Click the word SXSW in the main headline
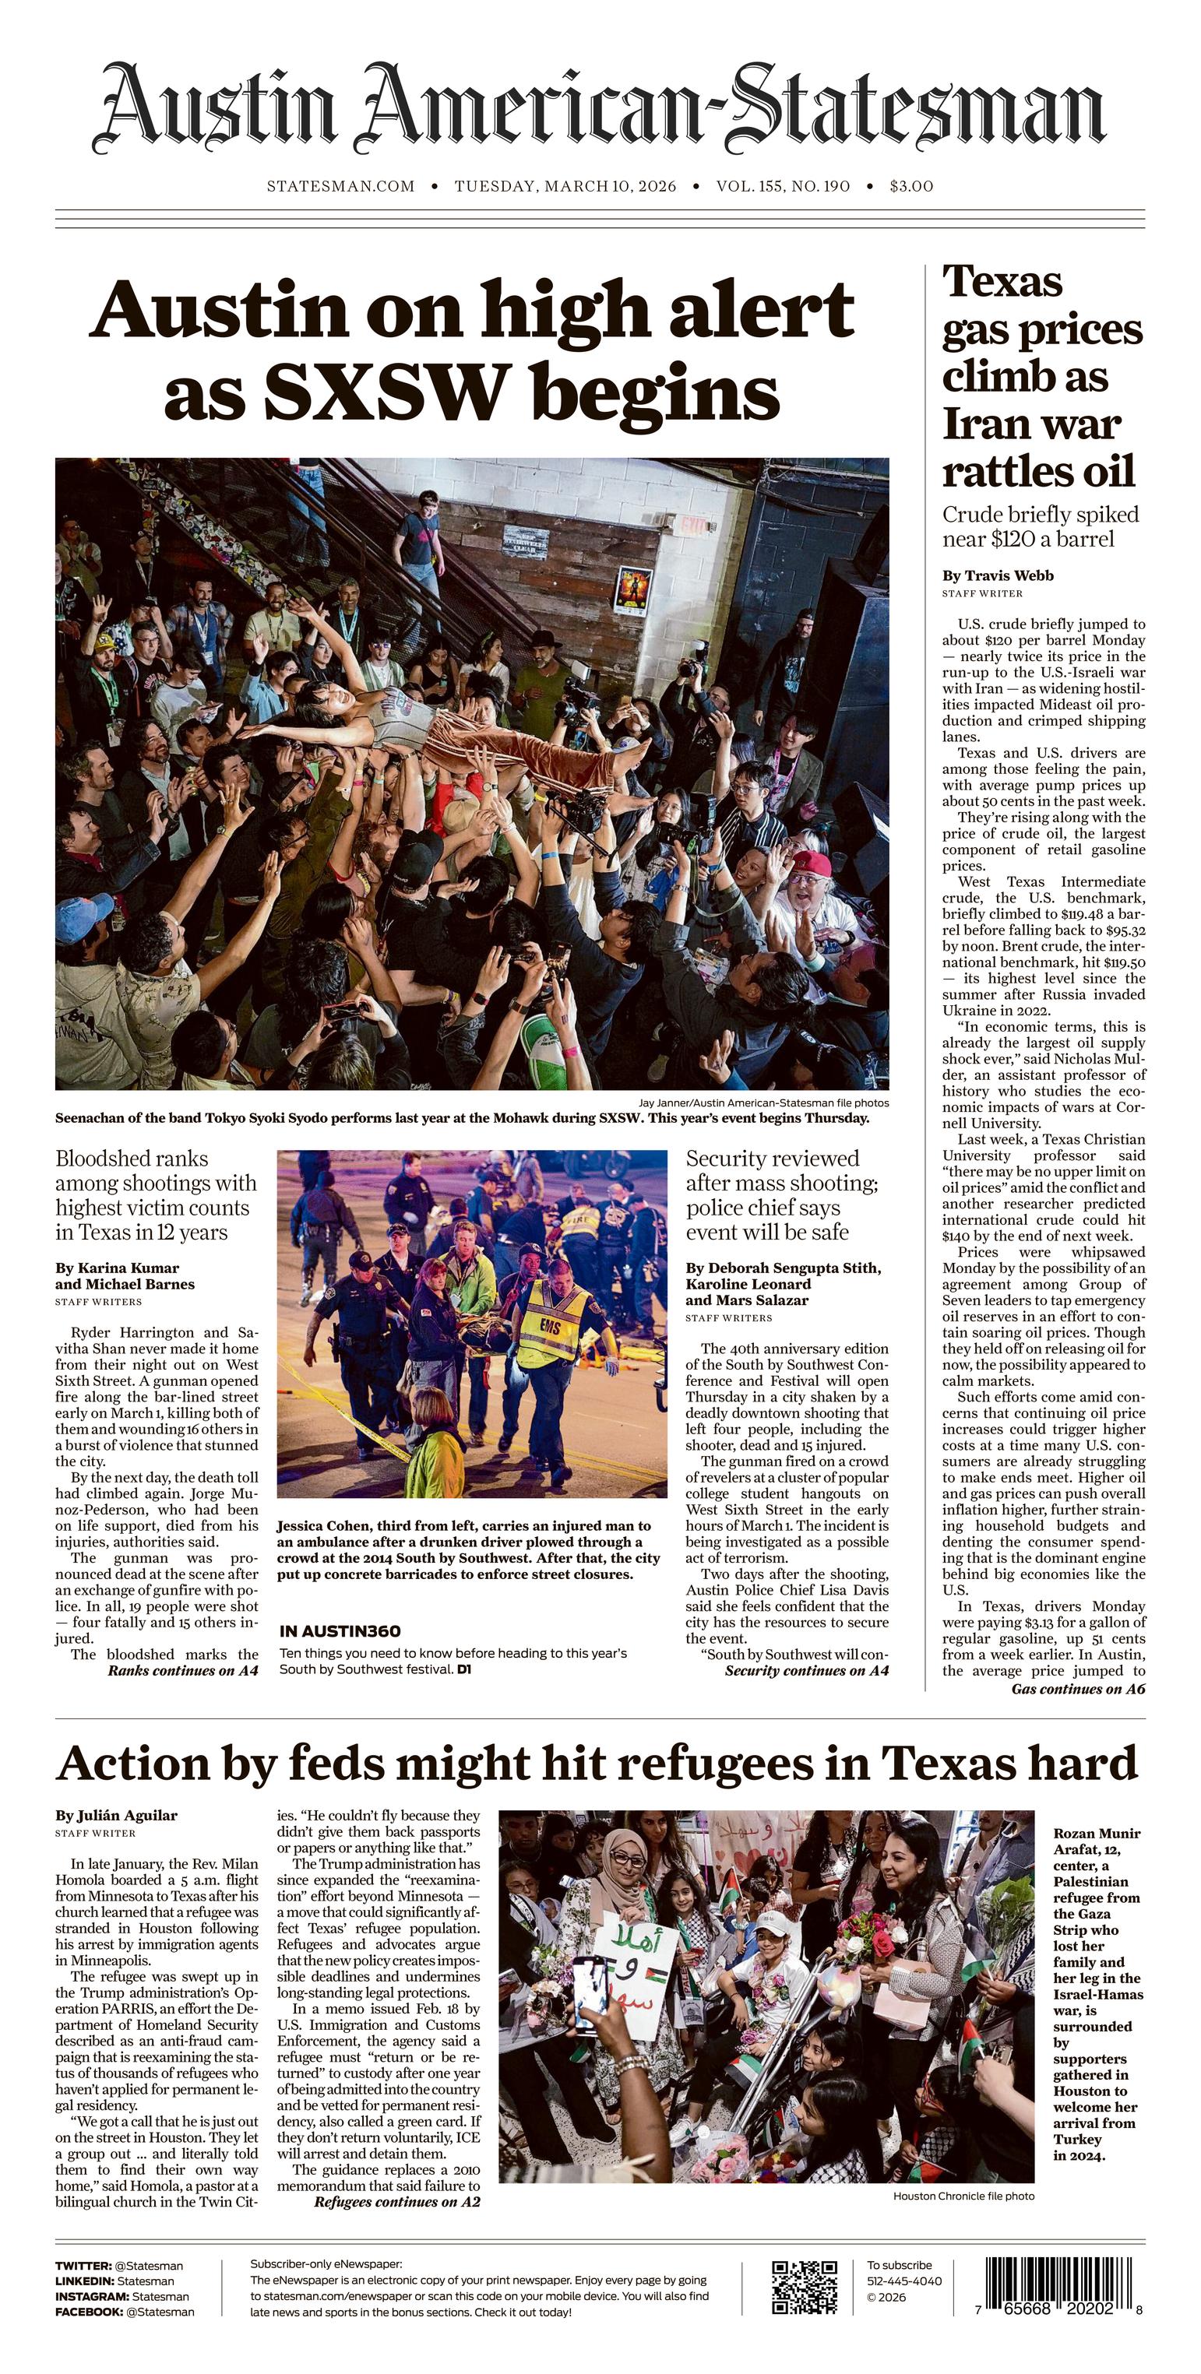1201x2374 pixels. pyautogui.click(x=386, y=392)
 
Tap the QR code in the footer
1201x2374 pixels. pyautogui.click(x=804, y=2288)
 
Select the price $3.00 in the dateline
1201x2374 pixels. pyautogui.click(x=910, y=186)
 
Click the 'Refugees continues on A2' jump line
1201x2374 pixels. pyautogui.click(x=396, y=2203)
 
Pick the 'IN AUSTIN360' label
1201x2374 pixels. pyautogui.click(x=339, y=1631)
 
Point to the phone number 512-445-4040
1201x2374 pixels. pyautogui.click(x=904, y=2281)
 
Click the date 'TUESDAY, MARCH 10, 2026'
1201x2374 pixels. pyautogui.click(x=565, y=186)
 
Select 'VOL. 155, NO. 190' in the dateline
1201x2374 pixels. pyautogui.click(x=783, y=186)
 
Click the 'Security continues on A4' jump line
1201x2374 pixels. pyautogui.click(x=806, y=1671)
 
